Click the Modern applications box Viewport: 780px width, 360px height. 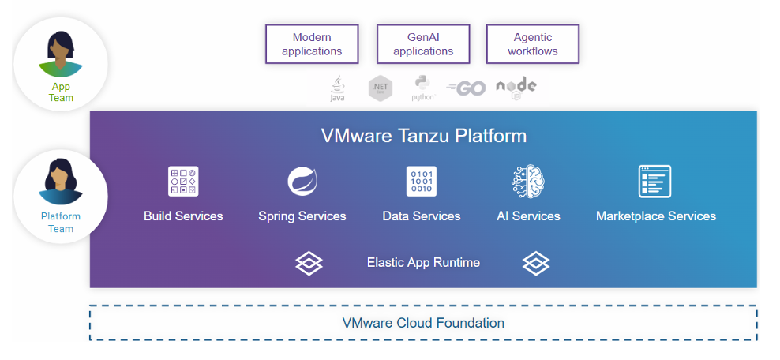coord(312,44)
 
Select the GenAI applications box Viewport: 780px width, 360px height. coord(423,44)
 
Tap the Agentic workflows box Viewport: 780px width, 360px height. coord(533,44)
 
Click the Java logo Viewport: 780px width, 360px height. coord(338,88)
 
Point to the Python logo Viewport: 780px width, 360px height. coord(423,88)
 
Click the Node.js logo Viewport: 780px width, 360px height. coord(516,88)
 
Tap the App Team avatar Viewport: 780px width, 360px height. coord(61,53)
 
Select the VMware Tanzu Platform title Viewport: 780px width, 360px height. coord(423,136)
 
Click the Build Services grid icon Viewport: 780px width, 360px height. coord(183,181)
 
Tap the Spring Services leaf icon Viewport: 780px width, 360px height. coord(302,181)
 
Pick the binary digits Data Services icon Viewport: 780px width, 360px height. coord(422,181)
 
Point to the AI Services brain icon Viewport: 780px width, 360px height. coord(528,181)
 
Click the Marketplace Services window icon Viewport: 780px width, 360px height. coord(655,181)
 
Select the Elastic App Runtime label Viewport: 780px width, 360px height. coord(423,263)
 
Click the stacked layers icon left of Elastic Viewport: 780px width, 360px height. coord(309,263)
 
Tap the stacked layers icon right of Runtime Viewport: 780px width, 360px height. coord(536,263)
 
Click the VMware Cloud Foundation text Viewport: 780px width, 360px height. coord(423,323)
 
